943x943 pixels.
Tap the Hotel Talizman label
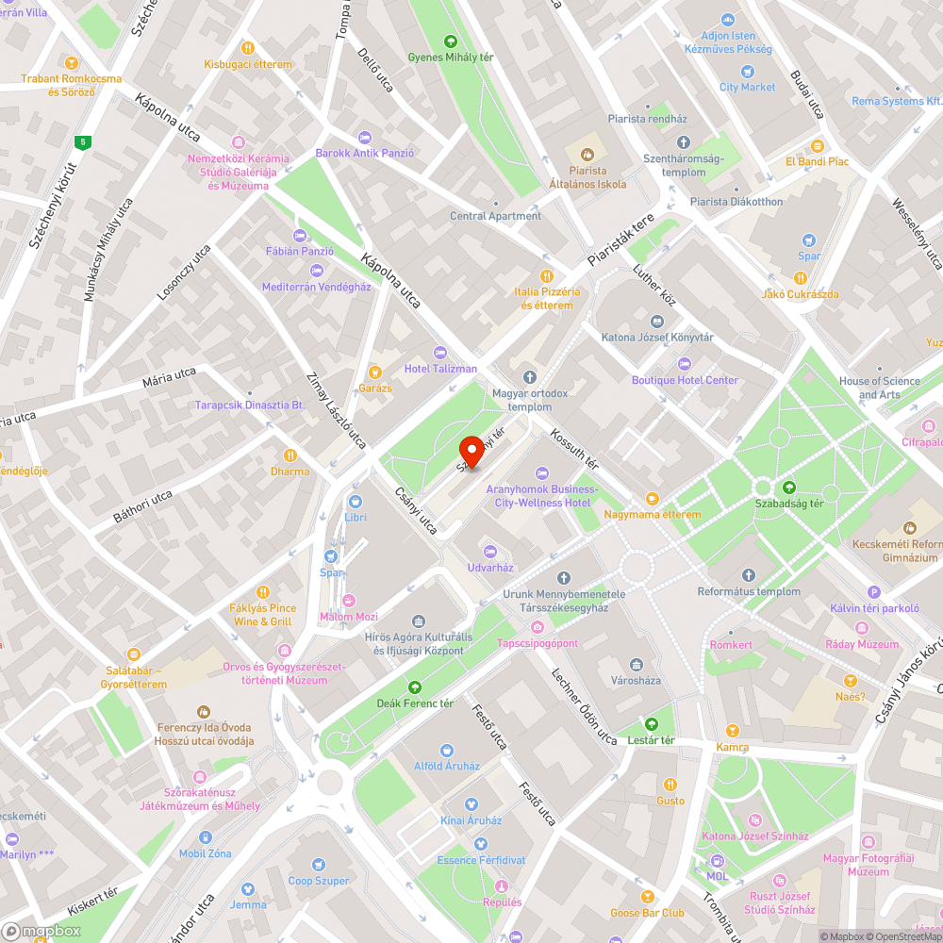tap(440, 368)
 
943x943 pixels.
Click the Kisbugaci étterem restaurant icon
tap(248, 47)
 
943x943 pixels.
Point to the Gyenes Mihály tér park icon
tap(451, 41)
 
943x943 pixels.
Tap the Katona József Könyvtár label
tap(657, 337)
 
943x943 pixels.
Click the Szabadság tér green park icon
tap(789, 487)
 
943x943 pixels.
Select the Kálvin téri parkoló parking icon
tap(874, 592)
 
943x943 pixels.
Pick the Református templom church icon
tap(749, 575)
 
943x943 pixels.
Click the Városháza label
tap(637, 679)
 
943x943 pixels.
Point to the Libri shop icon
tap(356, 502)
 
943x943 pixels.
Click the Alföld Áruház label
tap(447, 766)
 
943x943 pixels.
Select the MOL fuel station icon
tap(717, 861)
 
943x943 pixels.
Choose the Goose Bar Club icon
tap(647, 896)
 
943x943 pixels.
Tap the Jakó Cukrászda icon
tap(800, 278)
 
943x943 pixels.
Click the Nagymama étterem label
tap(653, 515)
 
